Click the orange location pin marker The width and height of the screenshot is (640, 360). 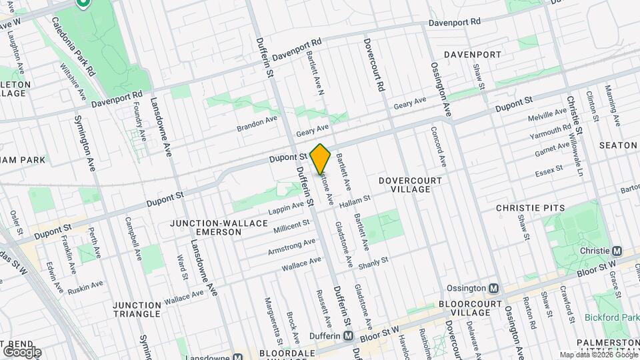(x=321, y=158)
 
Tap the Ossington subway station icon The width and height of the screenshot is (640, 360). (x=493, y=289)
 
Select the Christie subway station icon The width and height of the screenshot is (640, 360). (x=617, y=251)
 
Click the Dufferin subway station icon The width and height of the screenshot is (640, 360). (x=348, y=336)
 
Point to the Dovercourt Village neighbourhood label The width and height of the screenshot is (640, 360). (x=410, y=185)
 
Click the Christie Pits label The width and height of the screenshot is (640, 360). (x=530, y=208)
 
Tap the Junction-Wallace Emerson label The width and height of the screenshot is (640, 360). (x=205, y=227)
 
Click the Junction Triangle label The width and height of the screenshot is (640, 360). (x=137, y=309)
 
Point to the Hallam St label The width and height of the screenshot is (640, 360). (x=354, y=198)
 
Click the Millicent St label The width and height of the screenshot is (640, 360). (x=291, y=227)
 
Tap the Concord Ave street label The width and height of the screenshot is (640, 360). (x=438, y=147)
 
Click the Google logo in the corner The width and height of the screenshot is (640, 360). (x=21, y=351)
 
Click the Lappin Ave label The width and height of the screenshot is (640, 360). (x=287, y=208)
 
